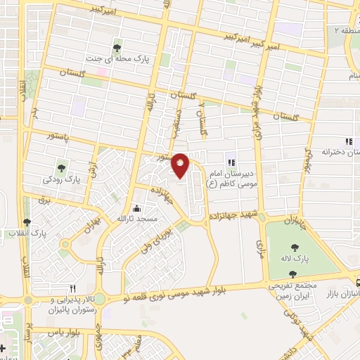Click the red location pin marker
[x=181, y=164]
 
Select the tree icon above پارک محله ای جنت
[x=116, y=48]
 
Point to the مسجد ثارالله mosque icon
[x=136, y=208]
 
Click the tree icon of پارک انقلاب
[x=27, y=222]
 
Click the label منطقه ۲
[x=345, y=31]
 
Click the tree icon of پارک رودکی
[x=62, y=167]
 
